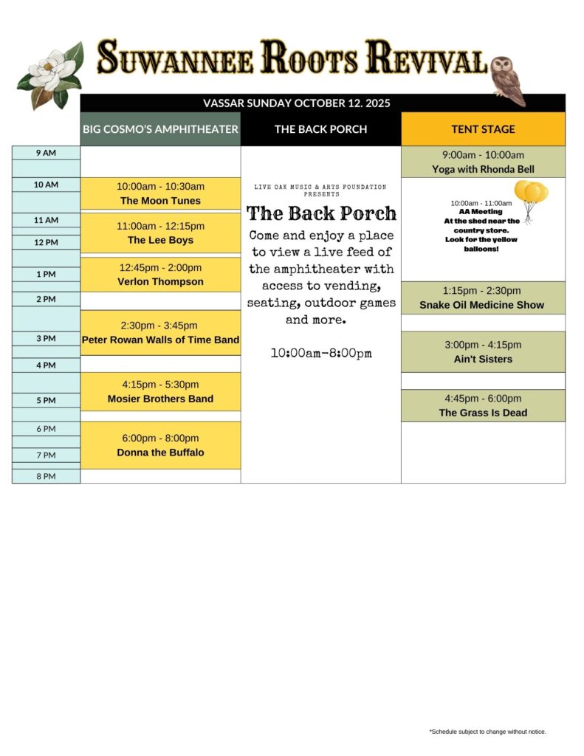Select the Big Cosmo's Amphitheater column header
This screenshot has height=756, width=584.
coord(160,129)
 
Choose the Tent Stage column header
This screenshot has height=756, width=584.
coord(483,129)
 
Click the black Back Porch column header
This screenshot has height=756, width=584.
coord(320,129)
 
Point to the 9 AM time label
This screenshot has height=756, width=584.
coord(46,153)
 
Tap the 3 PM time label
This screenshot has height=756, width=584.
coord(46,339)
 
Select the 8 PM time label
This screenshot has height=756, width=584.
coord(46,476)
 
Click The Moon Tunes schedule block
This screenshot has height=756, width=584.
coord(160,193)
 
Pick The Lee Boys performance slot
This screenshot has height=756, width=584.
coord(160,233)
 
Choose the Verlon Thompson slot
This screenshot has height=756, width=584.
coord(160,275)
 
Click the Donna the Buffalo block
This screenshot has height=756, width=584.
coord(160,445)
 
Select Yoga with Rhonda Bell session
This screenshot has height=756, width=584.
coord(483,162)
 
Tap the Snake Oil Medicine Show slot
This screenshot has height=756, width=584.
coord(483,298)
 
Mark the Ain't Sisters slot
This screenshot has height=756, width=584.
coord(483,351)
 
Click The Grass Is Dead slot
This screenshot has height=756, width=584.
coord(483,405)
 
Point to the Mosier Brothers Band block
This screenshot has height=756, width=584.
coord(160,391)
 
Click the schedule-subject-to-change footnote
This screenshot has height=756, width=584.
coord(487,732)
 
